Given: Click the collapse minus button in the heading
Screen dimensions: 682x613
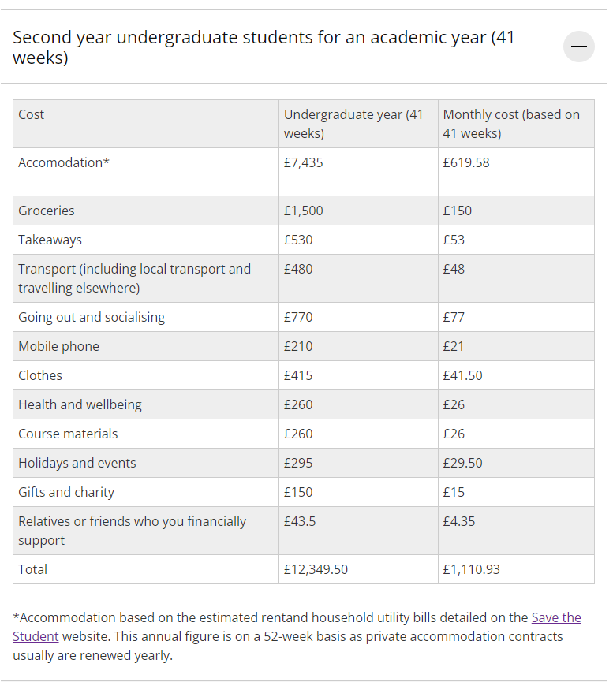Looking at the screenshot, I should (579, 47).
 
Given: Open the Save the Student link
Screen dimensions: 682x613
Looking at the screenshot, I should (556, 617).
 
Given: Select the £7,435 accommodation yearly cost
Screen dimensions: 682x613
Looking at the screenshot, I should (304, 163).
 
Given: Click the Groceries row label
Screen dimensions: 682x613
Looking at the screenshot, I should (47, 211).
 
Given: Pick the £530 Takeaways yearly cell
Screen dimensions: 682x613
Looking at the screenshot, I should (298, 240).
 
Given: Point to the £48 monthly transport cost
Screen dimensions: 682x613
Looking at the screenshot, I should (454, 269).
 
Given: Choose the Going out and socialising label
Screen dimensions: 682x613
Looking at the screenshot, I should (92, 317).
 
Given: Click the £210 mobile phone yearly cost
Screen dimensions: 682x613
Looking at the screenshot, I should (298, 346).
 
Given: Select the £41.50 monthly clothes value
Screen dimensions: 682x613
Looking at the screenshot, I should (462, 375).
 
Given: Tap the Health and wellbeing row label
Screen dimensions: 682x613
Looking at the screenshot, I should (80, 404).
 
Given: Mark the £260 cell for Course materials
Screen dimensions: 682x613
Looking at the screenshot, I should (298, 434).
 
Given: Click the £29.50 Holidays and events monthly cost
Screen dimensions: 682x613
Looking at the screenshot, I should (462, 463).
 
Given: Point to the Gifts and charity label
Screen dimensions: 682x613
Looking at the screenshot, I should (66, 492).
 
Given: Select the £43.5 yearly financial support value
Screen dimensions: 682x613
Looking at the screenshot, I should (301, 521).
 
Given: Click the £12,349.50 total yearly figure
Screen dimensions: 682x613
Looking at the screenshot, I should (316, 569).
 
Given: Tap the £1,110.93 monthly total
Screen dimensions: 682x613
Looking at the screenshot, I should (471, 569).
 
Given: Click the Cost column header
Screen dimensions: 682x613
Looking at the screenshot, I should (32, 114).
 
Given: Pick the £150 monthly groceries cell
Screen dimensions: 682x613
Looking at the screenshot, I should (457, 211).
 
